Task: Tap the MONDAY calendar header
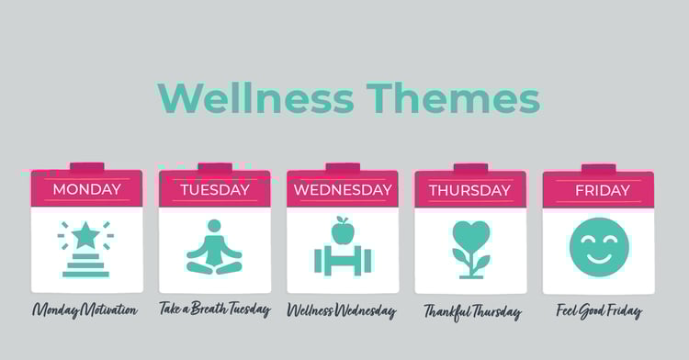86,190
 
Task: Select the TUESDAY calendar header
214,190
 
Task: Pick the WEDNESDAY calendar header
343,190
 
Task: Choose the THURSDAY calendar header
469,190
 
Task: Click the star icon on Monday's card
85,235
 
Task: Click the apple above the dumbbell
343,231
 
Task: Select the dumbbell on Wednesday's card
343,260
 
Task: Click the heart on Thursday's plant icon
470,235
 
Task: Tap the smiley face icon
599,247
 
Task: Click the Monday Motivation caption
85,309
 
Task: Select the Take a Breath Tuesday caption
214,309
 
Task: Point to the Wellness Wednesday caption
342,310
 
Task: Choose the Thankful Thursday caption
472,311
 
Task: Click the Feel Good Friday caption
599,310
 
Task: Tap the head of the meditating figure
214,226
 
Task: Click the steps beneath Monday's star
85,267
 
